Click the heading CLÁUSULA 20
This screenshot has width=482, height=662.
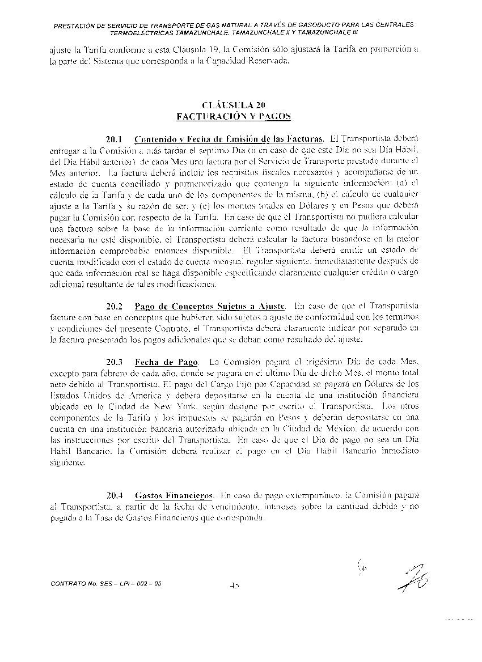(x=234, y=105)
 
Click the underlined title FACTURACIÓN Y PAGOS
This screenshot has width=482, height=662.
(x=234, y=116)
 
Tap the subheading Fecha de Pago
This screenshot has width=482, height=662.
(x=166, y=362)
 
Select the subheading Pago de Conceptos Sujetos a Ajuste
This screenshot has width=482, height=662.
(x=210, y=307)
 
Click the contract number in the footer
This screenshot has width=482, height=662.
(x=107, y=583)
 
